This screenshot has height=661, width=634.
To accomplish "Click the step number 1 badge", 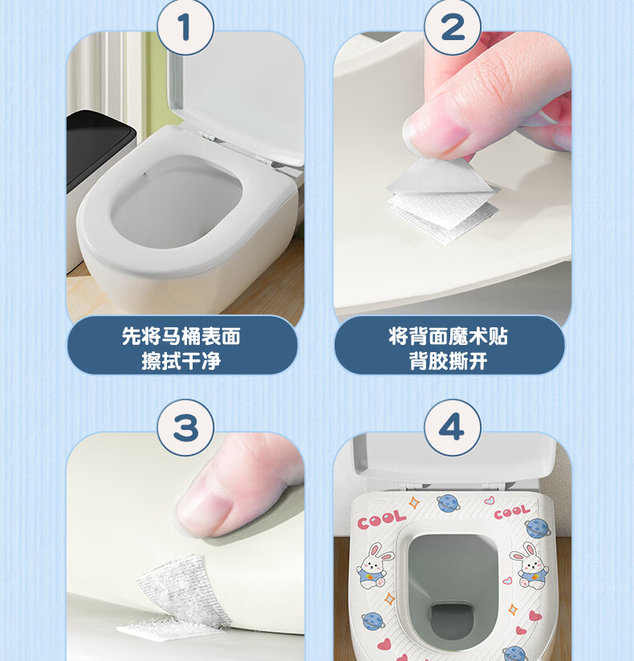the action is tap(185, 27).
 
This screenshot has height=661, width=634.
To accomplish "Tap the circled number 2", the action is tap(453, 27).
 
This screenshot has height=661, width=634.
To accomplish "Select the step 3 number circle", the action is tap(185, 428).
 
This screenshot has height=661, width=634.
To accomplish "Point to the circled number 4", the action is tap(453, 428).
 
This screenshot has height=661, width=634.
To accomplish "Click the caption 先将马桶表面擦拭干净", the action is tap(181, 348).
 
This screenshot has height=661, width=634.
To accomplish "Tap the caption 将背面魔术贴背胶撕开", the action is tap(449, 348).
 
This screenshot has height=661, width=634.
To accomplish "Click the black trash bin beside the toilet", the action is tap(100, 148).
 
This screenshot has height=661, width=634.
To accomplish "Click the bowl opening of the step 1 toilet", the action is tap(177, 201).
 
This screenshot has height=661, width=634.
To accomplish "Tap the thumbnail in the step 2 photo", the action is tap(435, 130).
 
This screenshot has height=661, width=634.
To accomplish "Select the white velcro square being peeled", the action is tap(443, 199).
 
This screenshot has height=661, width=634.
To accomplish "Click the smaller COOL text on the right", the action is tap(512, 512).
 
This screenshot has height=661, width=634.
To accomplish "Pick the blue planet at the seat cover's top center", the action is tap(448, 503).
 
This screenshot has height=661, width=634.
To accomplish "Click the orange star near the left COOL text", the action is tap(413, 502).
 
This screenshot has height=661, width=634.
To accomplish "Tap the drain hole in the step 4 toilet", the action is tap(451, 619).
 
